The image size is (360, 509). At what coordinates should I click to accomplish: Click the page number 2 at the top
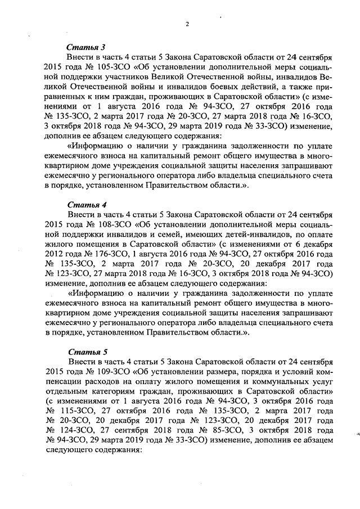[188, 24]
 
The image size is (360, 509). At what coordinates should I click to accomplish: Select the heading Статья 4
[83, 204]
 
